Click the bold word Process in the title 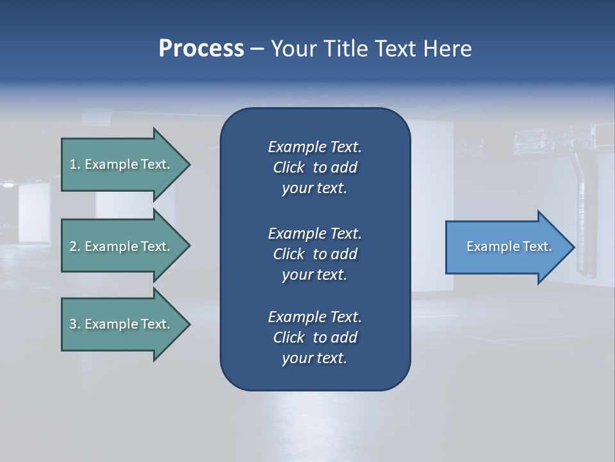tap(201, 49)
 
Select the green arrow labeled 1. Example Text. tap(122, 164)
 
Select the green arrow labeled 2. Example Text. tap(122, 246)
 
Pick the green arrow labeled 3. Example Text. tap(122, 324)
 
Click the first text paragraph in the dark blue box tap(315, 167)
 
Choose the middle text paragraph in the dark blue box tap(315, 254)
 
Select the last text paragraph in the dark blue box tap(315, 338)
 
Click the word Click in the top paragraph tap(288, 167)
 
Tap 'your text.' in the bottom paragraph tap(315, 358)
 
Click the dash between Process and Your tap(257, 49)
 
